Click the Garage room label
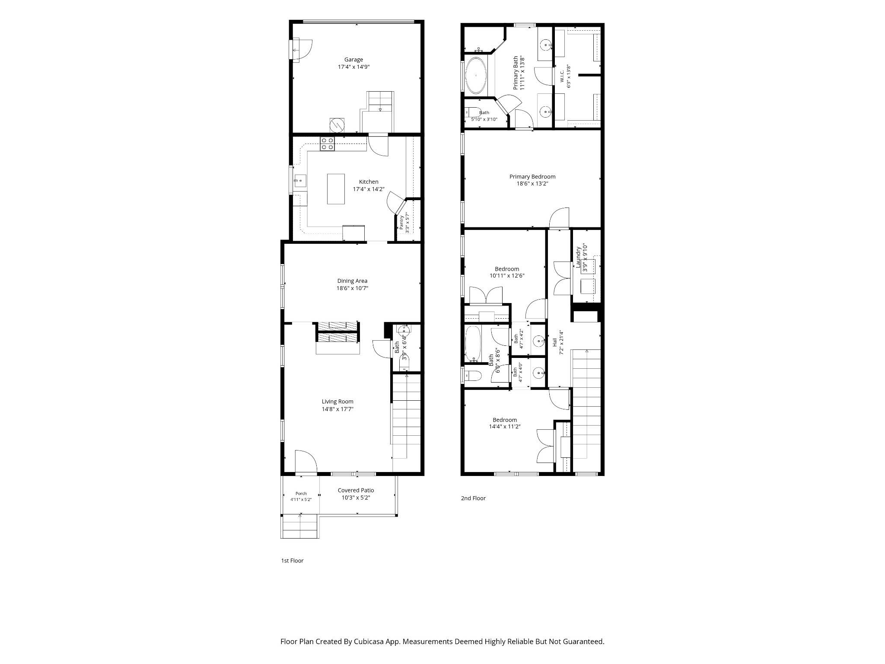tap(353, 60)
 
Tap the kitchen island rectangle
tap(336, 188)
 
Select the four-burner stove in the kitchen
tap(327, 144)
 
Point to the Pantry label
tap(401, 222)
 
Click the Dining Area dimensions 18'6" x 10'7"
tap(353, 288)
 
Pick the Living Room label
tap(337, 402)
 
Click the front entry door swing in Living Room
tap(306, 461)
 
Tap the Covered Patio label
tap(356, 490)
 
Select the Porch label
tap(301, 493)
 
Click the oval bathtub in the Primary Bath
tap(476, 76)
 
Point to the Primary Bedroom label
tap(532, 176)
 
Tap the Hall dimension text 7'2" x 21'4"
tap(562, 343)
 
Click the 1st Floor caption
tap(293, 561)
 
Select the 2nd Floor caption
tap(473, 498)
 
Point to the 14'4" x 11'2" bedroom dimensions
tap(505, 427)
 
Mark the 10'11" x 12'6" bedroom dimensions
tap(507, 276)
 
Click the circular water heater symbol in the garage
tap(337, 125)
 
